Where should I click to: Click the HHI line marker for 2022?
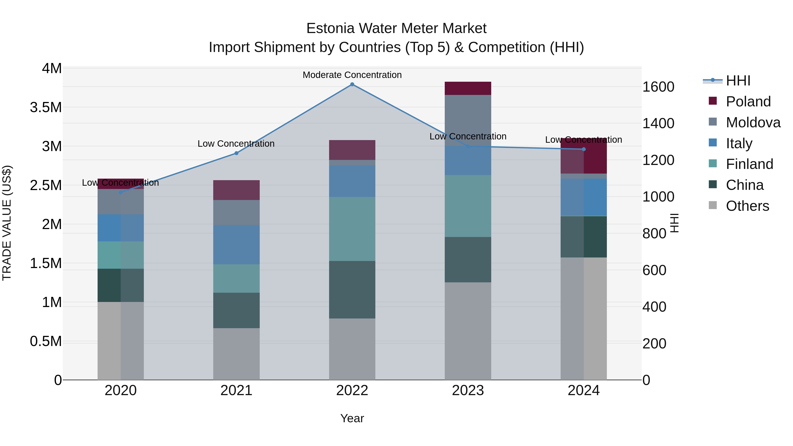(352, 84)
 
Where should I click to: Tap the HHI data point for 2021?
(236, 153)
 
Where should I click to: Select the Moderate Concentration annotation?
(352, 75)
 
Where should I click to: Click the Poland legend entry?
(748, 102)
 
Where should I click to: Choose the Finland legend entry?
(749, 164)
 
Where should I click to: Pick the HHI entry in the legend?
(738, 81)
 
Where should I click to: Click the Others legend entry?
(747, 206)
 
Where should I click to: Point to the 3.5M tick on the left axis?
(46, 107)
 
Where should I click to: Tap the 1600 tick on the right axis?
(658, 87)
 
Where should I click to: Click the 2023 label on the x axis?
(468, 390)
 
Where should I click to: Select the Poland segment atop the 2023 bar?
(468, 88)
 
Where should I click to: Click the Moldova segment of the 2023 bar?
(468, 120)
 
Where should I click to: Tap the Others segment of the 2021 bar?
(236, 354)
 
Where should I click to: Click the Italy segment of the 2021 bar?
(236, 244)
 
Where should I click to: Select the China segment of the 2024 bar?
(584, 237)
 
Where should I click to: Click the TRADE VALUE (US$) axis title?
(7, 223)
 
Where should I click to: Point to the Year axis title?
(352, 418)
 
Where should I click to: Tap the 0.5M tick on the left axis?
(46, 341)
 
